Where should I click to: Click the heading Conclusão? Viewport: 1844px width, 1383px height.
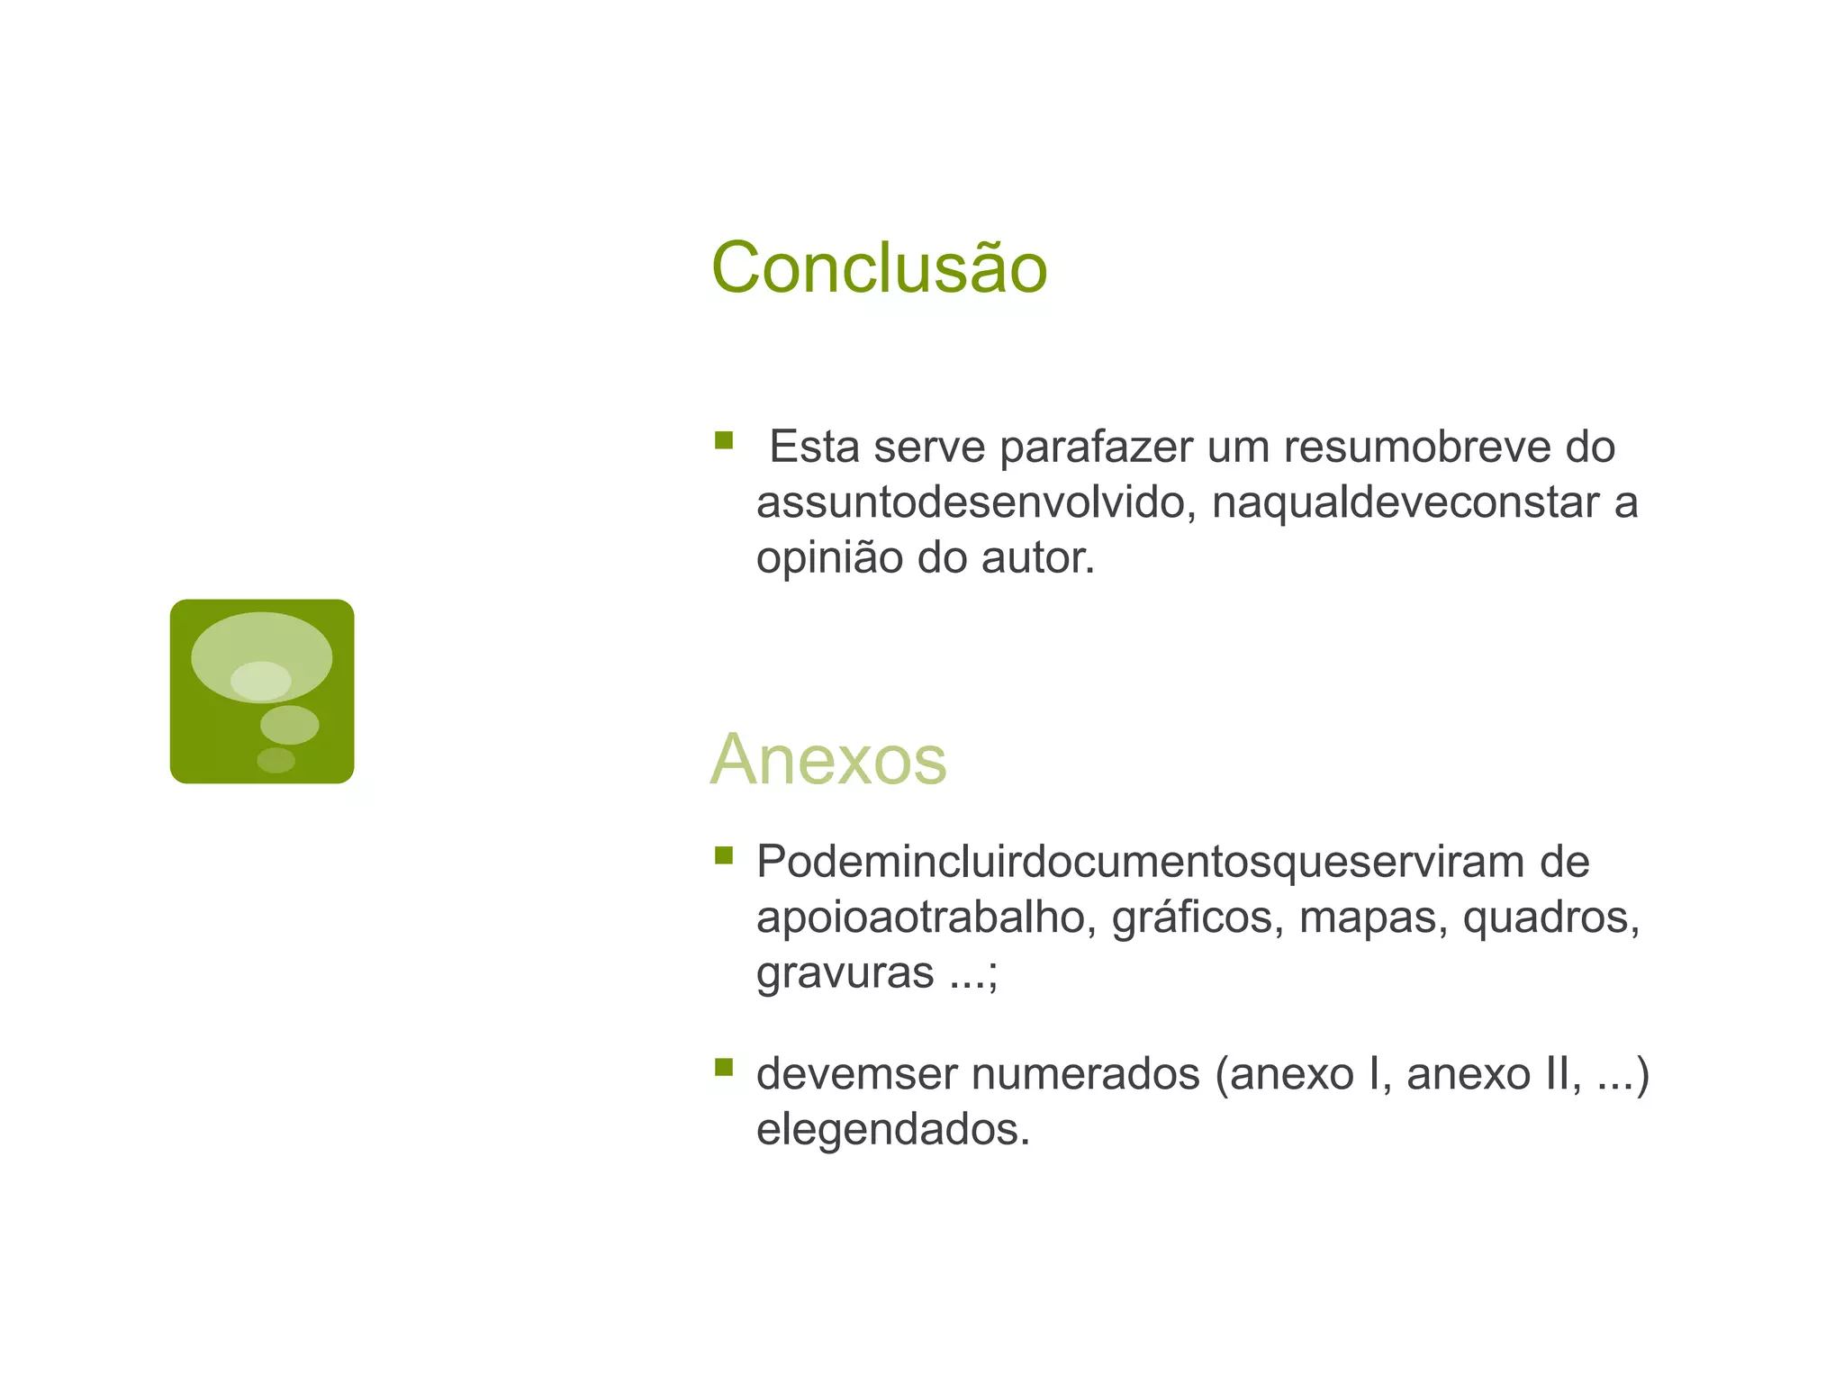tap(879, 268)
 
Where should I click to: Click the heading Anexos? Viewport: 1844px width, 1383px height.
tap(828, 760)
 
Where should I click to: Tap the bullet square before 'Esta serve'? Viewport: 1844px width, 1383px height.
tap(724, 440)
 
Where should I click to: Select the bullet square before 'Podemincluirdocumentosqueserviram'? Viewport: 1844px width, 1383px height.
tap(724, 854)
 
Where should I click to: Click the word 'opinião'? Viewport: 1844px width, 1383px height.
tap(829, 558)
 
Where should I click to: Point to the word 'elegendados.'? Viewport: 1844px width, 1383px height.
tap(892, 1130)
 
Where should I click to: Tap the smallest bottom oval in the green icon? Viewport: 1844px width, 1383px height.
tap(276, 761)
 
